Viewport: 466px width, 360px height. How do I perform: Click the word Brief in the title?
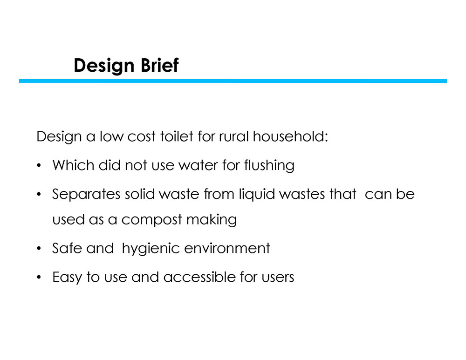(160, 65)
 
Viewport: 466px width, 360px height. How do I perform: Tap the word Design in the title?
(104, 66)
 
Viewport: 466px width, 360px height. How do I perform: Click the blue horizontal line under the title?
(233, 81)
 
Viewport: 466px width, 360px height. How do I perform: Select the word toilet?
(177, 136)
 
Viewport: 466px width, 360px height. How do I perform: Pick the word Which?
(73, 165)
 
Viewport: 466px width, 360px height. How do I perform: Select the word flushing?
(269, 166)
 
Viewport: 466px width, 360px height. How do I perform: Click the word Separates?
(86, 194)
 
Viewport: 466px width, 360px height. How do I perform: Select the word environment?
(227, 248)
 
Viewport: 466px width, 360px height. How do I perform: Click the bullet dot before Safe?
(39, 248)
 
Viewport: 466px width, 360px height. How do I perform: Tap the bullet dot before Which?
(39, 165)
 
